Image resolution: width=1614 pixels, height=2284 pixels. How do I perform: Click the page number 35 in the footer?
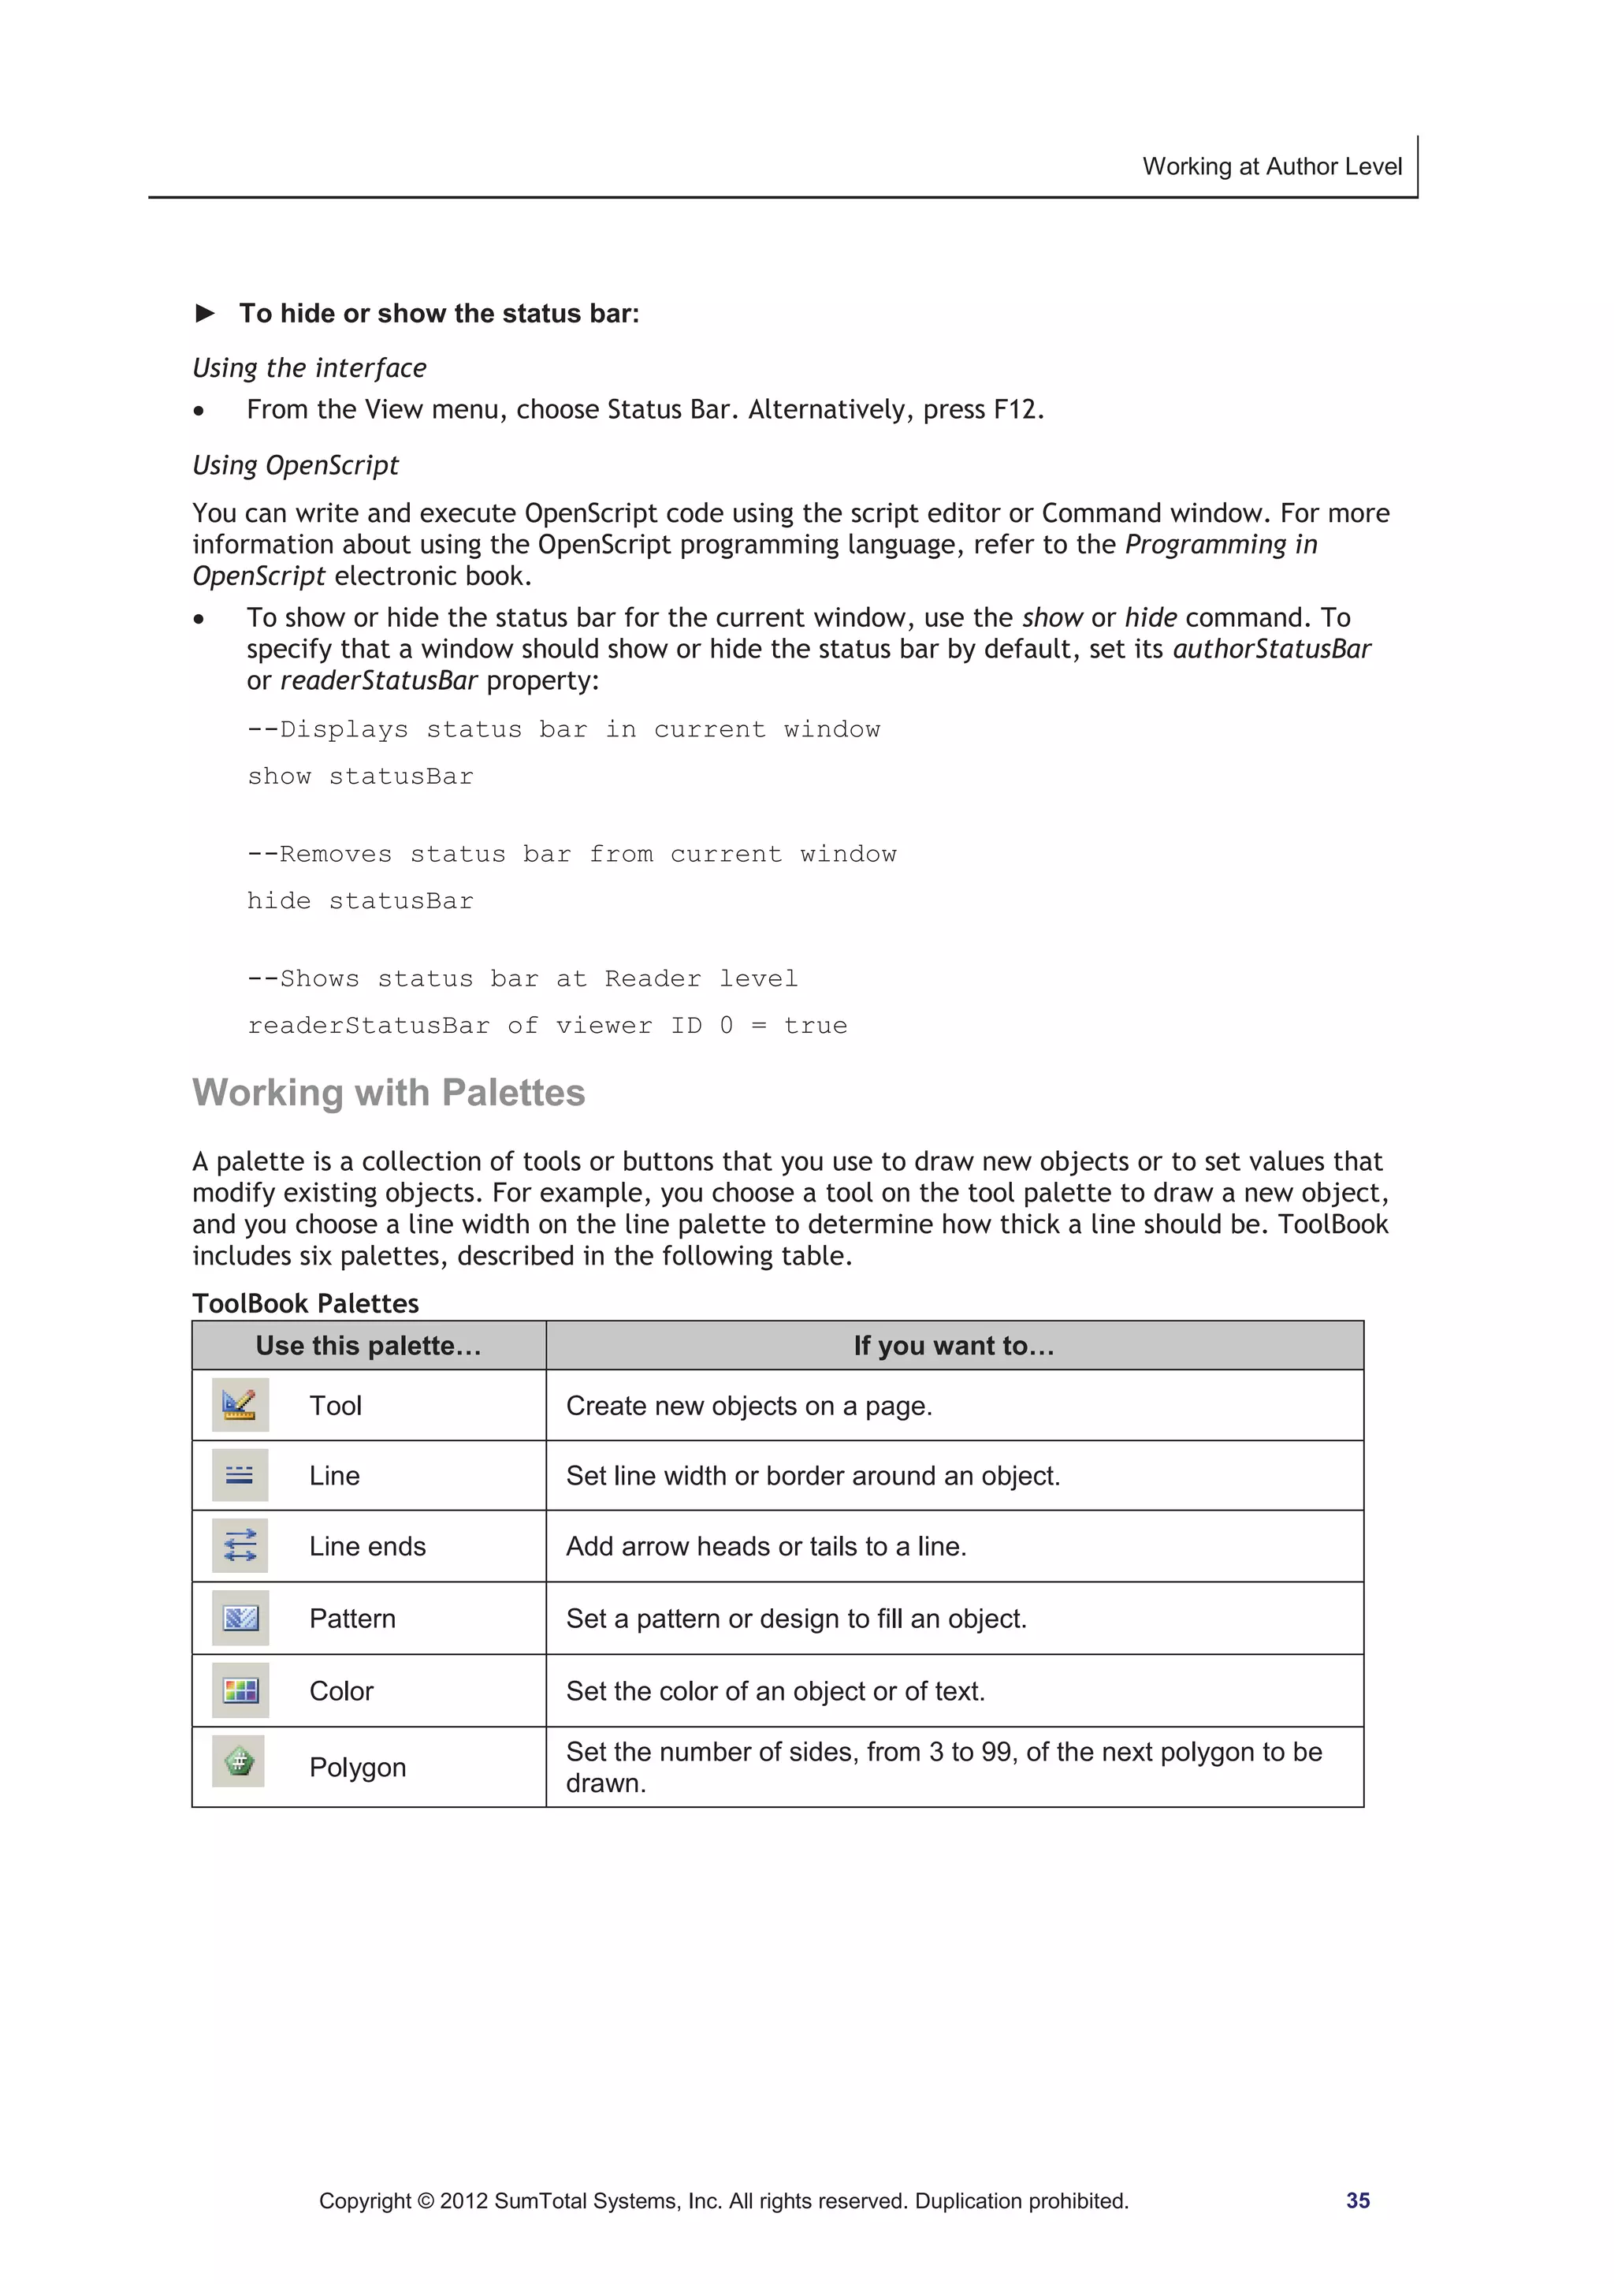[1357, 2200]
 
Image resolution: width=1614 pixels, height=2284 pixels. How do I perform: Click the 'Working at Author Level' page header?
[1271, 166]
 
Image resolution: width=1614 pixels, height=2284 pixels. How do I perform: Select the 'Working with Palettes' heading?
[388, 1092]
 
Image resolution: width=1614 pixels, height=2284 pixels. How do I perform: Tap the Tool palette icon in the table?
[240, 1405]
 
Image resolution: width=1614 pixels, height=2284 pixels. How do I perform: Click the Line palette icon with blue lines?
[240, 1474]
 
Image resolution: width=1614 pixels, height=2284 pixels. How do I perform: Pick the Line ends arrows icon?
[240, 1545]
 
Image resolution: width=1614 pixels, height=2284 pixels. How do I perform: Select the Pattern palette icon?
[240, 1618]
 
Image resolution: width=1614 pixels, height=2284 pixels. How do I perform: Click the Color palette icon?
[240, 1690]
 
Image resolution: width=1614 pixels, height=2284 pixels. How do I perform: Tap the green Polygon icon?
[239, 1762]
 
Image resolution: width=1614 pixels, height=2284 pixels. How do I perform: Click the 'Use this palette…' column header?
[368, 1346]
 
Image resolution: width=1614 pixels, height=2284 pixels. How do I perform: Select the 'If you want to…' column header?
[954, 1346]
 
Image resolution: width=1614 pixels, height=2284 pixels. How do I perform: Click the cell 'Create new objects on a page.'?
[748, 1406]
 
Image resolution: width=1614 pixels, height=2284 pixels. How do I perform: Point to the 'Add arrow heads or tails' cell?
[766, 1546]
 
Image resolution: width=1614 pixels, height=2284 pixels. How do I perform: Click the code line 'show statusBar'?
[360, 776]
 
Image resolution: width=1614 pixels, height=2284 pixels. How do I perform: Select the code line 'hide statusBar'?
[360, 900]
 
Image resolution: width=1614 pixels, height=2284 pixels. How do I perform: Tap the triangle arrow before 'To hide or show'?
[206, 313]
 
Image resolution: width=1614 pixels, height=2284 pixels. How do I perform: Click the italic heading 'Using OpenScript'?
[296, 466]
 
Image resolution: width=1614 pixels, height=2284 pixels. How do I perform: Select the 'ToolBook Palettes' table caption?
[305, 1303]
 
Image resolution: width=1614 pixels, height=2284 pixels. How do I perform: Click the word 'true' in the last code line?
[816, 1026]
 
